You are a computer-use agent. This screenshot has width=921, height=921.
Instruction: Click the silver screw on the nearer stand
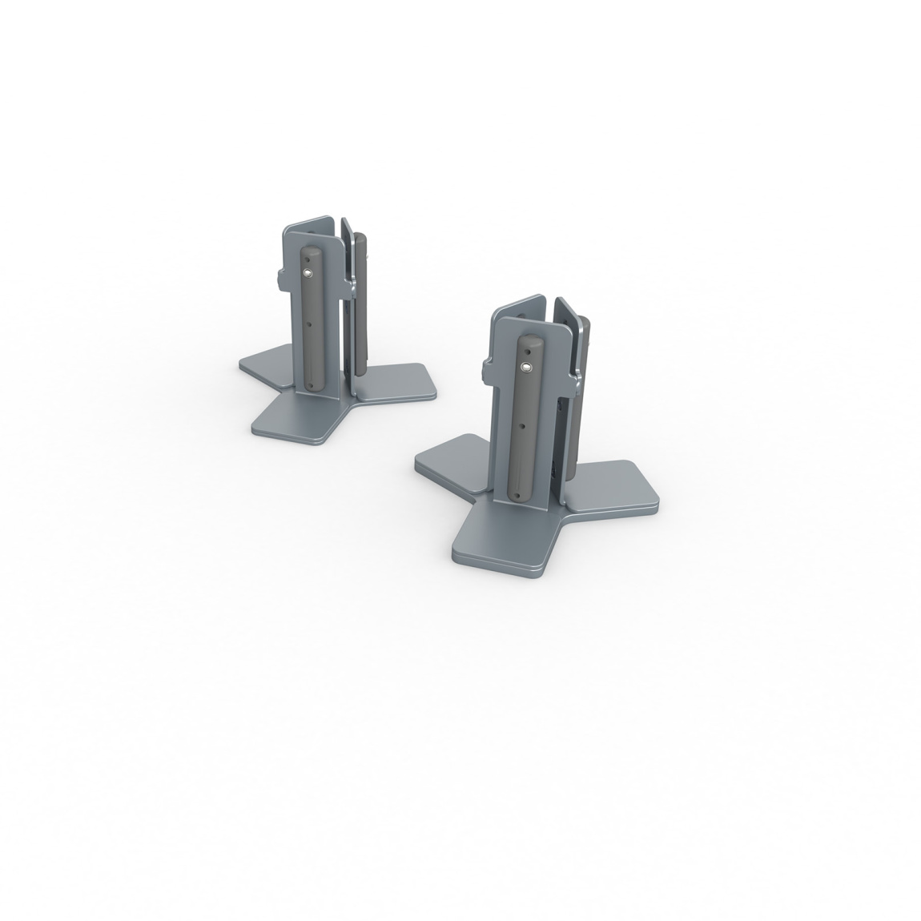pyautogui.click(x=526, y=367)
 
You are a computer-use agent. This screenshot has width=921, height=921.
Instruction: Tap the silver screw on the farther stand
pyautogui.click(x=308, y=273)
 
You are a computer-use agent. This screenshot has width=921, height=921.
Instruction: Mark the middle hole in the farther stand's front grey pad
pyautogui.click(x=308, y=324)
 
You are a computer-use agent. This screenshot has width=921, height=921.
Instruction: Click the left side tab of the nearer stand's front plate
pyautogui.click(x=485, y=370)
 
